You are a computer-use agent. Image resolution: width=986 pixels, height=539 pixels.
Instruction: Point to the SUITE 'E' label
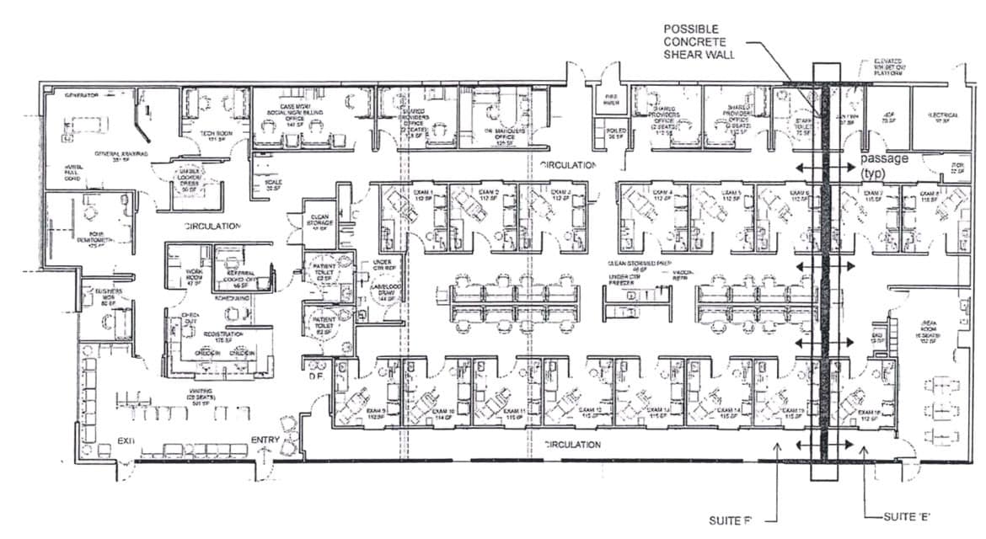point(906,515)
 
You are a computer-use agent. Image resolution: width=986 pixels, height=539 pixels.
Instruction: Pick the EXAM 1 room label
point(423,193)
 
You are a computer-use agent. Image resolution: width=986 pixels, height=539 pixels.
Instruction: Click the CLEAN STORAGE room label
point(319,221)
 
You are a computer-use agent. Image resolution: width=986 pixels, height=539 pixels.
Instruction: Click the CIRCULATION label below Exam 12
point(572,444)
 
